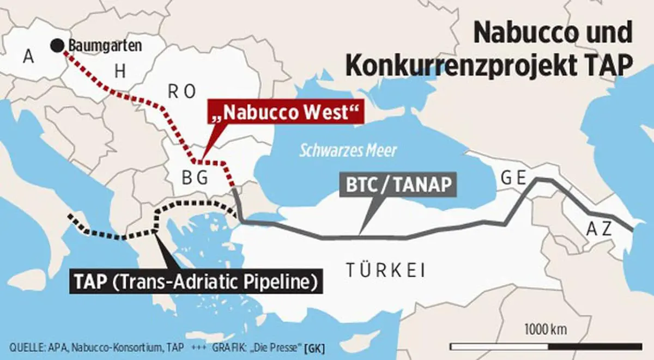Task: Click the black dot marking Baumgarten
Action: pos(56,46)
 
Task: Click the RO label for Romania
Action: pos(181,92)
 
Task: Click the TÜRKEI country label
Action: pos(385,271)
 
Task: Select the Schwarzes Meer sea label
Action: pos(348,150)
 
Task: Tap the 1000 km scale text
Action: pos(546,330)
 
